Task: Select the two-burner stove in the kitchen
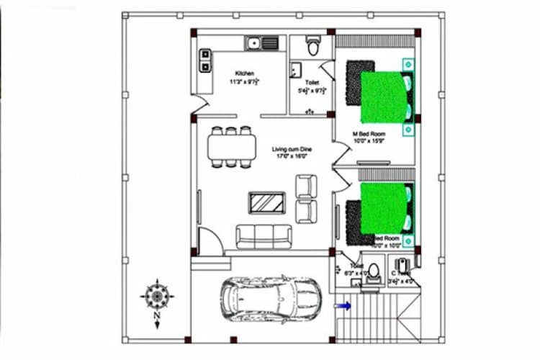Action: click(x=205, y=60)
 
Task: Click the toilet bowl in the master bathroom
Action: click(x=312, y=47)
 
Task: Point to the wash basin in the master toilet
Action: click(x=296, y=70)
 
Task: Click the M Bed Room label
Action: click(x=369, y=135)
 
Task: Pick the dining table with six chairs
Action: click(x=231, y=148)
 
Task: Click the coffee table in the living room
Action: click(x=266, y=202)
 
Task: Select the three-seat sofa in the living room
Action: click(x=264, y=236)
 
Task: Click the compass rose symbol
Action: click(x=156, y=294)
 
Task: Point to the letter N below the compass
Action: click(x=156, y=315)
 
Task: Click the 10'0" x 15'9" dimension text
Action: click(x=369, y=142)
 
